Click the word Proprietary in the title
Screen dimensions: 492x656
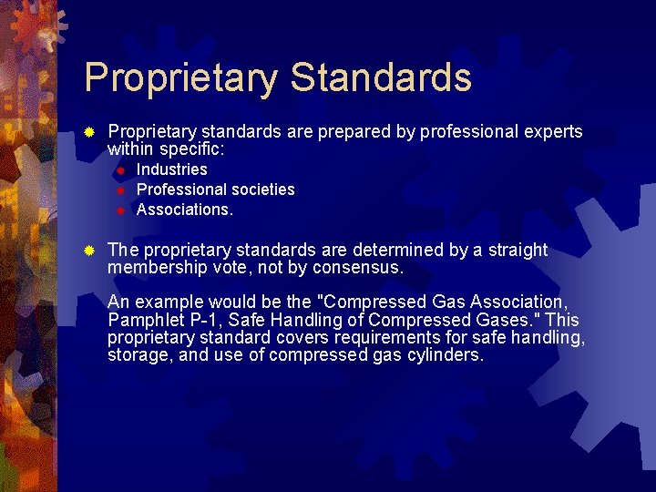point(180,78)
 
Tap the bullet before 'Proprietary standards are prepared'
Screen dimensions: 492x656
point(89,132)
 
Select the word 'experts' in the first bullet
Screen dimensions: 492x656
point(553,132)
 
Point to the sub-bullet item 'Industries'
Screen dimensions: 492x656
point(172,169)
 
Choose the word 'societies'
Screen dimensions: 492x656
point(260,190)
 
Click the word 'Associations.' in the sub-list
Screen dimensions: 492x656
point(185,210)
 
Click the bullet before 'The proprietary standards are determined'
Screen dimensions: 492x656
point(89,251)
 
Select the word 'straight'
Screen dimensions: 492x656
point(515,251)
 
